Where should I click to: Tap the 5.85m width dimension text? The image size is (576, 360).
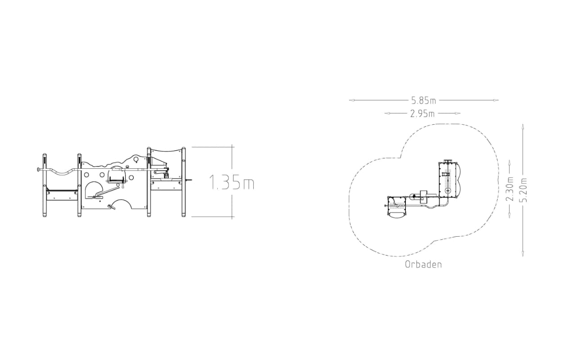(x=424, y=100)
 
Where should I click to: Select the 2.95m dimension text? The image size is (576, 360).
(x=423, y=113)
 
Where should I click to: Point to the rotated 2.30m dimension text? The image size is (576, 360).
(x=509, y=189)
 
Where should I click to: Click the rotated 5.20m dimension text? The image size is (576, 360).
(x=523, y=190)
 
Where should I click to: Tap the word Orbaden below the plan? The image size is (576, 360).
(x=423, y=265)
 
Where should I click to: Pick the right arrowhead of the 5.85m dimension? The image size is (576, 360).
(x=496, y=100)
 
